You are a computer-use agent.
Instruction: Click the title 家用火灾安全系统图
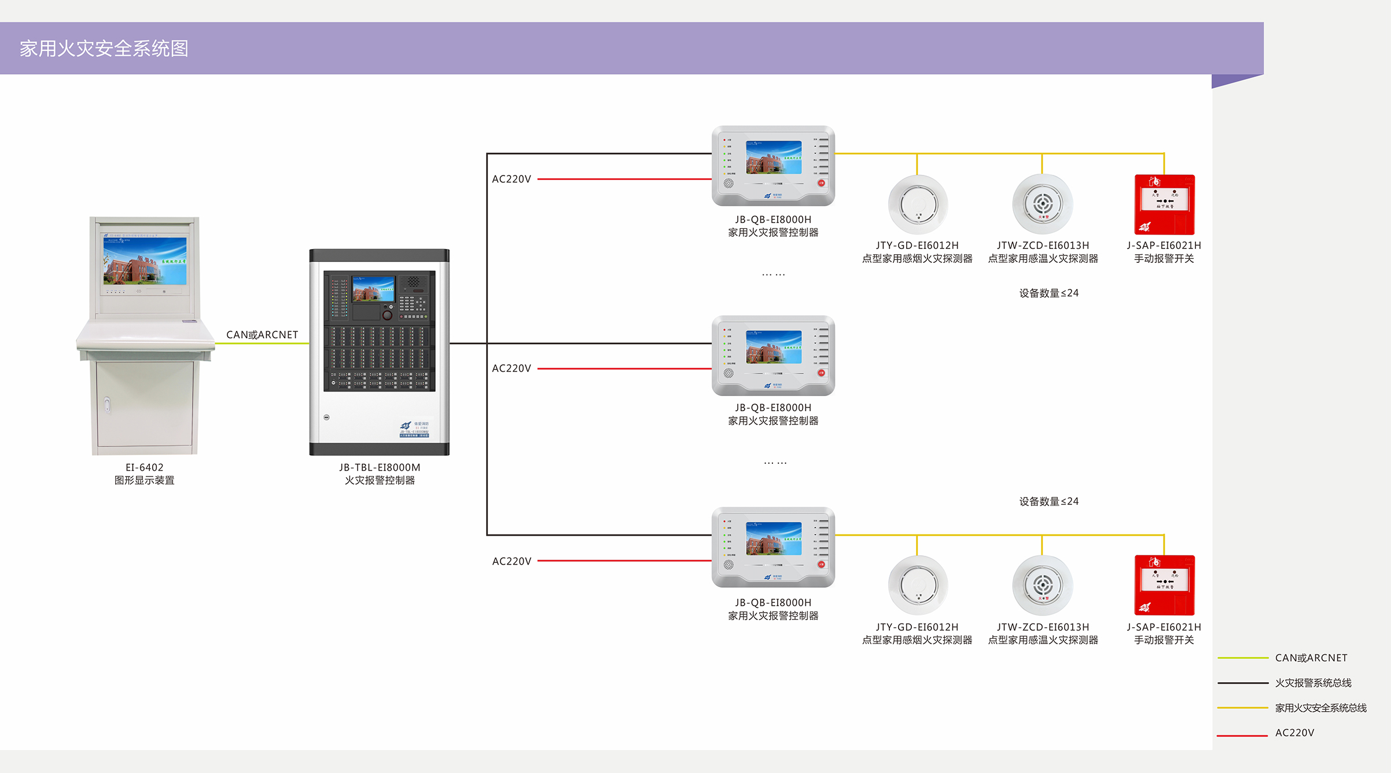click(x=104, y=49)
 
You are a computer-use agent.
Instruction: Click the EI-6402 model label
click(x=145, y=467)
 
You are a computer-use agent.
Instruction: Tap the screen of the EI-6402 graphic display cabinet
click(x=145, y=261)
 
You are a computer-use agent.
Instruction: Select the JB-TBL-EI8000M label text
click(x=380, y=467)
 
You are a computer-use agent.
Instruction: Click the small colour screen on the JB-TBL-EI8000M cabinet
click(x=373, y=288)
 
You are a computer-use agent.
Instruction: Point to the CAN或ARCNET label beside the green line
click(x=262, y=335)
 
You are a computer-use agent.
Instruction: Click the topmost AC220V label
click(x=511, y=179)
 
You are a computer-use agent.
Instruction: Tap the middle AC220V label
click(x=511, y=368)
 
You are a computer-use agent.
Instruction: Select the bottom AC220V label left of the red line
click(x=511, y=561)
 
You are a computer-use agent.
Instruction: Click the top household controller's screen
click(x=774, y=157)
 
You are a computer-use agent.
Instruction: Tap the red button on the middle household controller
click(x=821, y=373)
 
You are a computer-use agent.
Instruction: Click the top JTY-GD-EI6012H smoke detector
click(x=918, y=204)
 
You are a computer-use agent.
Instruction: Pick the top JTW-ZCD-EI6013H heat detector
click(x=1043, y=204)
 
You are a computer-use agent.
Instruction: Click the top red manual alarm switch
click(x=1164, y=204)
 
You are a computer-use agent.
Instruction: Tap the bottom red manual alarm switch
click(x=1164, y=585)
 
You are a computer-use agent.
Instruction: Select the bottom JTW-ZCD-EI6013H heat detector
click(x=1043, y=585)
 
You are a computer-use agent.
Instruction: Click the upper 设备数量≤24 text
click(x=1048, y=293)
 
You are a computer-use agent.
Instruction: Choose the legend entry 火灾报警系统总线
click(x=1313, y=683)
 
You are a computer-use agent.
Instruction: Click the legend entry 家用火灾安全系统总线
click(x=1320, y=708)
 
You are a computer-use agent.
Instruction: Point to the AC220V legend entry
click(x=1294, y=732)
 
